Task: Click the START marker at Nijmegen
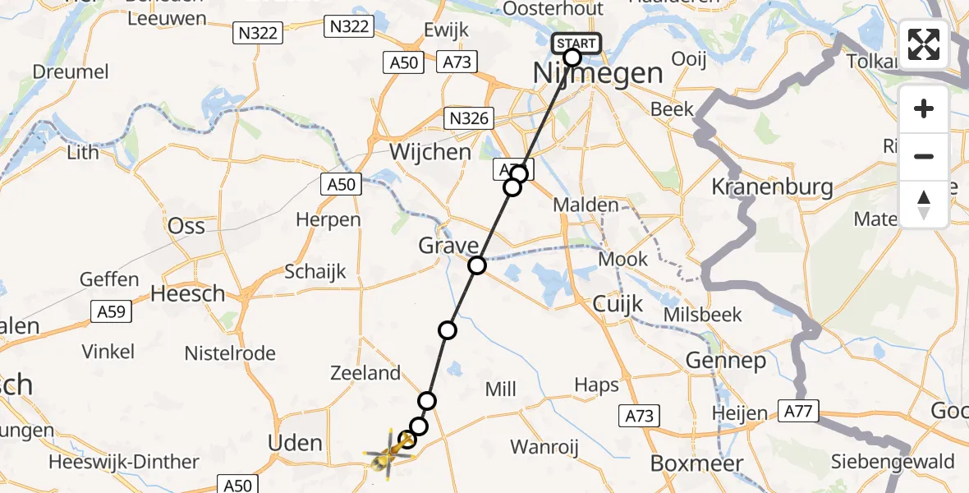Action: pos(581,44)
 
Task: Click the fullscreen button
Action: pos(924,44)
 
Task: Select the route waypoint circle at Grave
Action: pos(477,265)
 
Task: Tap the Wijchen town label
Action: pos(431,152)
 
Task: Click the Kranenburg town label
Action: pos(772,187)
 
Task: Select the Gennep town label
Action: pos(724,360)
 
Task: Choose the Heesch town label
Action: pos(188,293)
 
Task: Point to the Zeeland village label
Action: pos(365,373)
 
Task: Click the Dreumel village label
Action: pos(71,71)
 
